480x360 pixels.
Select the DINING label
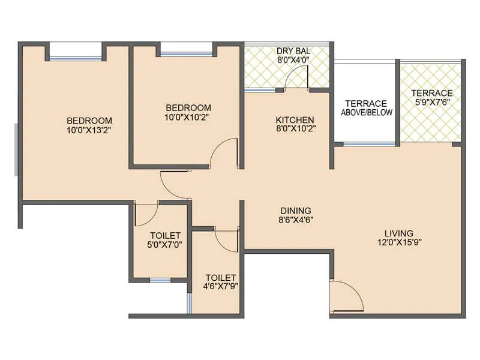pyautogui.click(x=296, y=211)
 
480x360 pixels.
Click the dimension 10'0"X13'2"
pyautogui.click(x=89, y=129)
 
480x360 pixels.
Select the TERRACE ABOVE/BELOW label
pyautogui.click(x=367, y=107)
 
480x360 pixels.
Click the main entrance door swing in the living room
pyautogui.click(x=347, y=297)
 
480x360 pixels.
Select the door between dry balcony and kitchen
pyautogui.click(x=297, y=78)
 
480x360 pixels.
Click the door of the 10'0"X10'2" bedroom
pyautogui.click(x=226, y=154)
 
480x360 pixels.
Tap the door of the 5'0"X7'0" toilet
pyautogui.click(x=146, y=214)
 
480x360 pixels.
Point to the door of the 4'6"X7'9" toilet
pyautogui.click(x=227, y=239)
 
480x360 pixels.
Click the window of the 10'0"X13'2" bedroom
pyautogui.click(x=76, y=58)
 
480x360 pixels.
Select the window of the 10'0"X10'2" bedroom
pyautogui.click(x=186, y=54)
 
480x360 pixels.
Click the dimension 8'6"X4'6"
pyautogui.click(x=296, y=220)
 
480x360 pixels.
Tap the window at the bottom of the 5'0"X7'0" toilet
pyautogui.click(x=160, y=280)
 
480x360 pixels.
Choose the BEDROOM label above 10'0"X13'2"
pyautogui.click(x=89, y=119)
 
